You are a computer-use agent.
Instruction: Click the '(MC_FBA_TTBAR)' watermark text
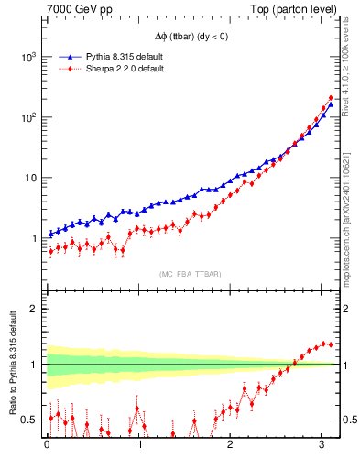click(x=190, y=275)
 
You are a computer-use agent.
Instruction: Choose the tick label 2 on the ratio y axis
click(x=33, y=309)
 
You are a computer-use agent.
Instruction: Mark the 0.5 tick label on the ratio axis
click(x=29, y=420)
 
